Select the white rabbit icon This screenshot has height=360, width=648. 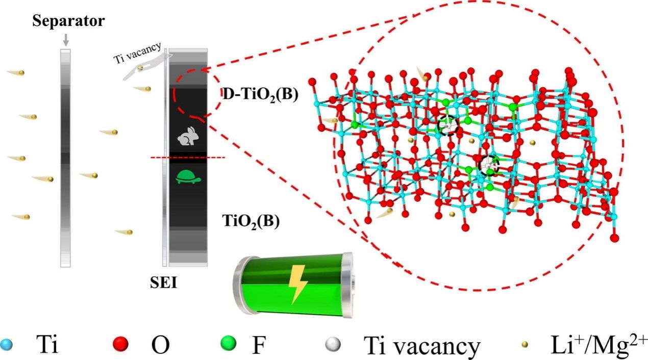click(187, 137)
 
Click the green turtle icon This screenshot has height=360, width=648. click(187, 176)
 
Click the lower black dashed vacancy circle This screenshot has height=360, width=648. click(489, 164)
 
